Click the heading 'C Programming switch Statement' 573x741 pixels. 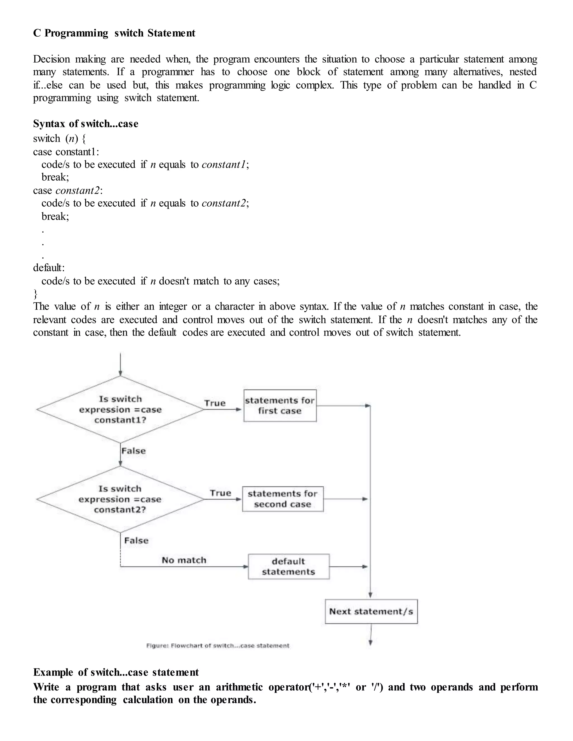[114, 33]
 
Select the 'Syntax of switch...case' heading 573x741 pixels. [86, 124]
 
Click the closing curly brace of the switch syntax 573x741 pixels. [35, 293]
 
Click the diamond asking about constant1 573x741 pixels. [120, 410]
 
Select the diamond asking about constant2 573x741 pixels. [120, 499]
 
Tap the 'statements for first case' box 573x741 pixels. [280, 406]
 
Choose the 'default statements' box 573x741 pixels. [288, 566]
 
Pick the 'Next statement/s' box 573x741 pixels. [371, 611]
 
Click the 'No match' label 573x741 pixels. [184, 560]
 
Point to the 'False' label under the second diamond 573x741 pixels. [136, 541]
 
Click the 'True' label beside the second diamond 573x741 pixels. [220, 493]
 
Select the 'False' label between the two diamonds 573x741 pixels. [133, 451]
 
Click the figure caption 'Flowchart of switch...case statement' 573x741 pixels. [218, 646]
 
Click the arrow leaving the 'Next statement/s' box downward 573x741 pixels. [371, 634]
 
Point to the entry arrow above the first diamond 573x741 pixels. [120, 364]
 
